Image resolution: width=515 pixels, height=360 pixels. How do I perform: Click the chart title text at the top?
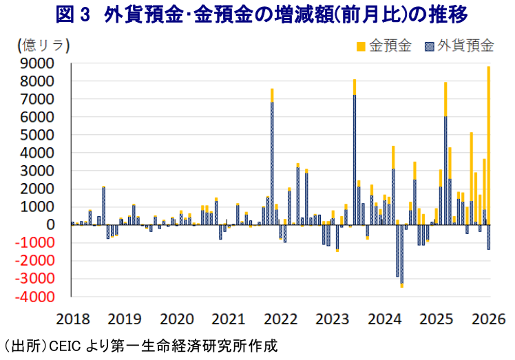[x=257, y=14]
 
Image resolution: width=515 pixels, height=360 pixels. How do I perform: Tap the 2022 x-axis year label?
[x=280, y=319]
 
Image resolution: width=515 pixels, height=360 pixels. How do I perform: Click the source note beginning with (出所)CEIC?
[x=141, y=345]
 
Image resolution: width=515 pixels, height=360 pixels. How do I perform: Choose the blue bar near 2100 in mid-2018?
[x=103, y=206]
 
